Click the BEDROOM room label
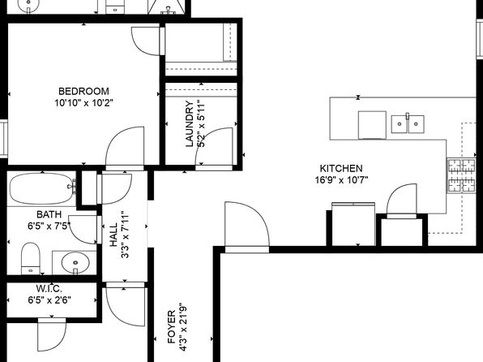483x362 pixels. coord(83,92)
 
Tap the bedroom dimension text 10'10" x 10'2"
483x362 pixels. coord(84,102)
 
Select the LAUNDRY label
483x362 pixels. coord(190,123)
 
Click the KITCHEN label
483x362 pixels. coord(341,169)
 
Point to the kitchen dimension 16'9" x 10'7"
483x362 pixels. coord(342,179)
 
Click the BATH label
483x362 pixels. coord(49,214)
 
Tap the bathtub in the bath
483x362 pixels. coord(41,188)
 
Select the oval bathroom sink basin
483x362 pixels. coord(75,263)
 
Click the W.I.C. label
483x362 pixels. coord(49,289)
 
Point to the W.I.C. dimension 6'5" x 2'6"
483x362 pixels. coord(49,300)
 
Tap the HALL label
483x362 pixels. coord(113,235)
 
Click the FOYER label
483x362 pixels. coord(172,327)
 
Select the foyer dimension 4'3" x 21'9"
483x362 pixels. coord(183,327)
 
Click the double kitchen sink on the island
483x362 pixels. coord(408,124)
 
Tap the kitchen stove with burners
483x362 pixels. coord(461,175)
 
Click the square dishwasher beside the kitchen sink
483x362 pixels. coord(372,125)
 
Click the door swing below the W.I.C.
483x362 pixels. coord(52,335)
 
